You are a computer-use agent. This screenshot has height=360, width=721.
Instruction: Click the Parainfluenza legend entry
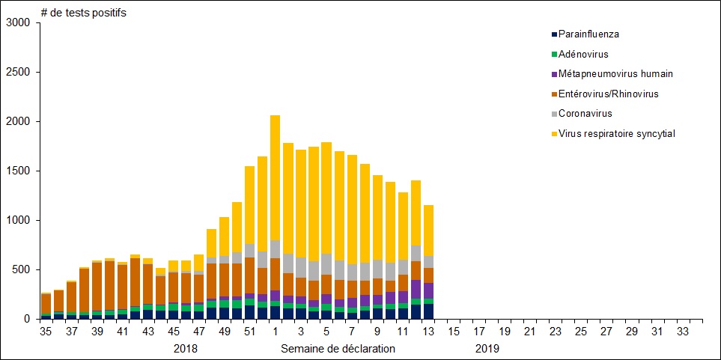coord(588,34)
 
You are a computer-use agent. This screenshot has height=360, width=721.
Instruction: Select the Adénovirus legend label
coord(583,54)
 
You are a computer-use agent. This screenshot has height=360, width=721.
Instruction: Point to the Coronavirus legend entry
coord(585,114)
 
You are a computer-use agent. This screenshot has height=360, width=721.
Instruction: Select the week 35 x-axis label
coord(46,332)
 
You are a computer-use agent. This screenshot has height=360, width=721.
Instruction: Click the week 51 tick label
coord(250,332)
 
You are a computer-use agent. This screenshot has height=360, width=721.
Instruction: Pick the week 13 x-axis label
coord(428,332)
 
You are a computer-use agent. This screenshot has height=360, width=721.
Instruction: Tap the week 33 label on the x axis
coord(683,332)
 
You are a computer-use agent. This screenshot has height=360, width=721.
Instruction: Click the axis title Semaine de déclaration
coord(338,349)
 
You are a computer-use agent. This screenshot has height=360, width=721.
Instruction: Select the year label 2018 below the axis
coord(185,349)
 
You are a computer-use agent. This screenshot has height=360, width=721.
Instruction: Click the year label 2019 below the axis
coord(487,349)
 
